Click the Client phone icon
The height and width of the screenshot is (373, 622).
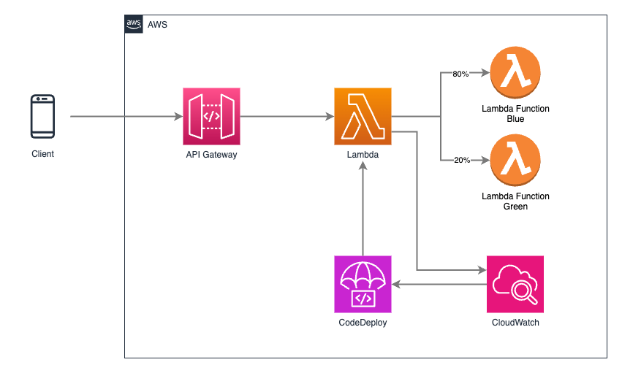pos(43,116)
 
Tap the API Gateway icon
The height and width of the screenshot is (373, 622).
pos(211,116)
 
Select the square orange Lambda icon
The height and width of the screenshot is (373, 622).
pos(363,116)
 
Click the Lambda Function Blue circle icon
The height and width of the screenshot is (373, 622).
pos(515,72)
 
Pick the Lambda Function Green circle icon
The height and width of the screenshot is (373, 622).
pos(515,160)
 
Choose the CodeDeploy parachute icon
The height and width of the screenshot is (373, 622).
pos(363,284)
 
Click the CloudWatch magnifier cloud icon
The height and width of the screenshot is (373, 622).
pos(515,284)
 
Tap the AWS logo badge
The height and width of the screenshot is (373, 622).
pos(134,24)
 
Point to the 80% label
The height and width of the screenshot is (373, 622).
pos(460,74)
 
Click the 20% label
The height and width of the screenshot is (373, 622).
pos(462,160)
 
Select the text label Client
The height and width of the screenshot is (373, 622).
pos(43,154)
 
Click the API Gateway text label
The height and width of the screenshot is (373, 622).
pos(211,155)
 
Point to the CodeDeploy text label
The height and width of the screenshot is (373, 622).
pos(363,323)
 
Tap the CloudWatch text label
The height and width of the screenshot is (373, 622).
pos(515,323)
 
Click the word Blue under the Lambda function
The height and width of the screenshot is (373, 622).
pos(515,119)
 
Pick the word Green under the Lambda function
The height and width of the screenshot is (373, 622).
pos(515,207)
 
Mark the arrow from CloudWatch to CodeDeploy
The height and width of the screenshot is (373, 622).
pos(439,284)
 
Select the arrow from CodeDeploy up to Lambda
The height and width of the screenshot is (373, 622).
pos(363,209)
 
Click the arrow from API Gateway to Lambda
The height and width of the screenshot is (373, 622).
pos(287,116)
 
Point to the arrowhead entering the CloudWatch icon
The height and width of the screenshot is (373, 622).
pos(482,270)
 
